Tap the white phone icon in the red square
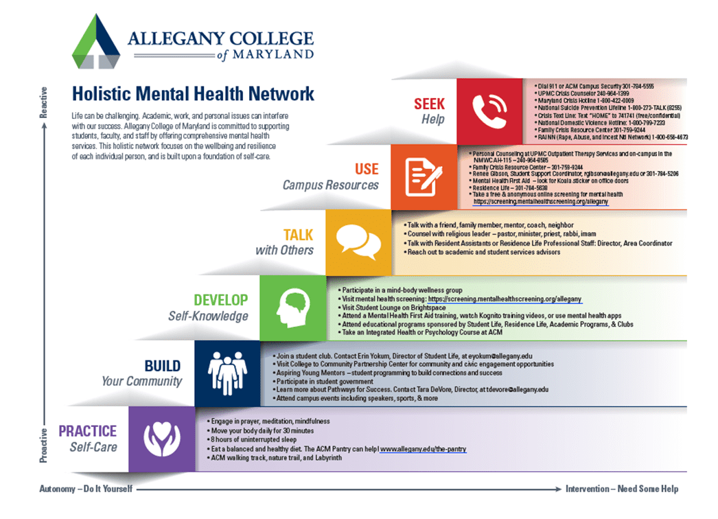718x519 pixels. point(489,111)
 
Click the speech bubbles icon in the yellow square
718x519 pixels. point(358,242)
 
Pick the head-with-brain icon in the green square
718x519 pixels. point(293,308)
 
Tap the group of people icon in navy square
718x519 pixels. point(228,373)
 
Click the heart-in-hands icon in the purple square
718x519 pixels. point(162,439)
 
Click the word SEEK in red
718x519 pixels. point(429,104)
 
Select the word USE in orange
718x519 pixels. point(367,169)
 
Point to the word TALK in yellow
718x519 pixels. point(298,235)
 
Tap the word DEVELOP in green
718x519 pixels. point(221,300)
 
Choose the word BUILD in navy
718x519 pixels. point(163,366)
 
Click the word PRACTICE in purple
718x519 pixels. point(87,431)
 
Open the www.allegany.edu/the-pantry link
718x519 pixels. point(423,450)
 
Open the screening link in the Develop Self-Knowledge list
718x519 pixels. point(505,299)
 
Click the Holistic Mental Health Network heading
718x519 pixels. point(194,94)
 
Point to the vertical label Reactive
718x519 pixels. point(43,102)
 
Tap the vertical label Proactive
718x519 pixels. point(43,446)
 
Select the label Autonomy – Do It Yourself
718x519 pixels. point(86,489)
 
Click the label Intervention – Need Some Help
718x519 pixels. point(622,489)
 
